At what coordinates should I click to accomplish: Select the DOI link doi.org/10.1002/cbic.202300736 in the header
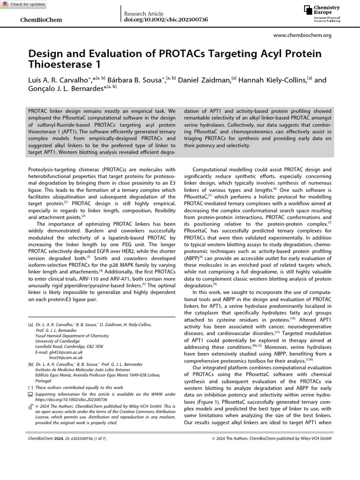pos(165,20)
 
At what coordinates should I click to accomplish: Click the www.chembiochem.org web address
pos(302,35)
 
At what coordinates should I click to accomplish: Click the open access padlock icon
pos(31,406)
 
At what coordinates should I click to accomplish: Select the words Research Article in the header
pos(143,14)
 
